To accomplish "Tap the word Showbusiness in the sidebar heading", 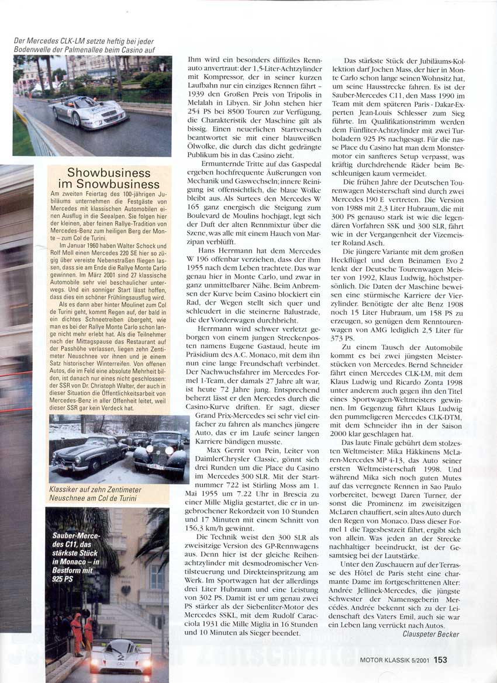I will pos(109,173).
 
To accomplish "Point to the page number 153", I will pos(440,660).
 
